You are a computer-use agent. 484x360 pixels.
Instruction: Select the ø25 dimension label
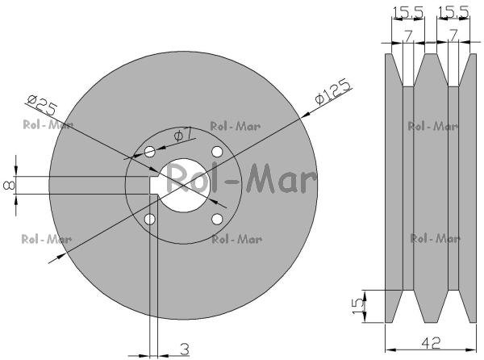tap(42, 105)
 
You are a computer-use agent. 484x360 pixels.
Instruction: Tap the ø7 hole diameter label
tap(183, 135)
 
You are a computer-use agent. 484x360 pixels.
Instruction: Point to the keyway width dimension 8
tap(9, 185)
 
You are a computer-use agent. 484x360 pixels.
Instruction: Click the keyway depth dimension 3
tap(184, 350)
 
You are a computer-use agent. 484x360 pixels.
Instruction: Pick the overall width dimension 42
tap(432, 342)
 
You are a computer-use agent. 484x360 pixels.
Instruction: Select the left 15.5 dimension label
tap(407, 12)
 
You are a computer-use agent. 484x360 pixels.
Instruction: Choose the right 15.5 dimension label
tap(453, 12)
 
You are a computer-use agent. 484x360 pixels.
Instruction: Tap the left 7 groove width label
tap(408, 36)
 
